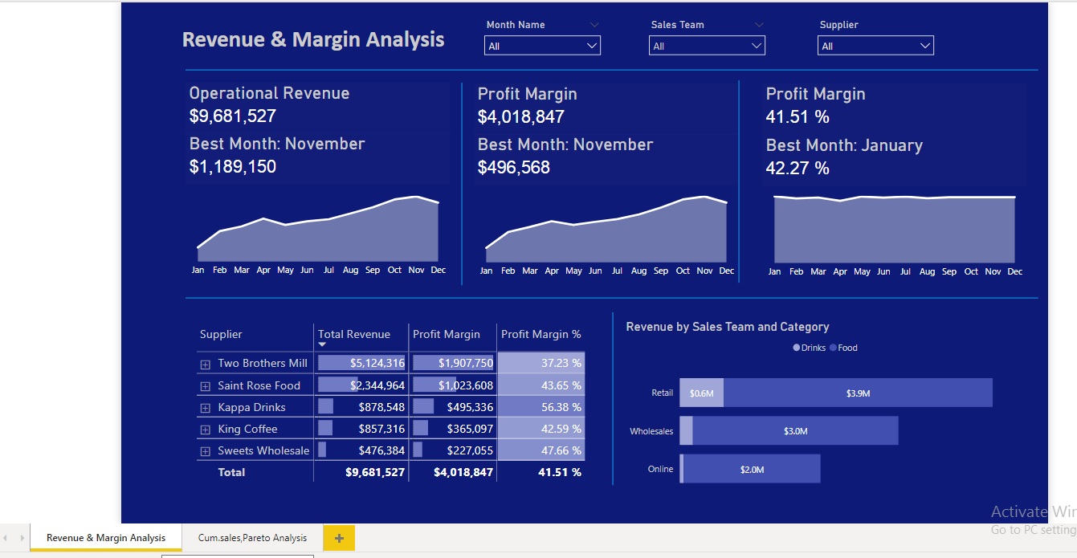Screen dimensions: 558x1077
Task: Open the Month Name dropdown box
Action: (x=542, y=47)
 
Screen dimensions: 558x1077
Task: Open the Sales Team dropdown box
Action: (x=707, y=47)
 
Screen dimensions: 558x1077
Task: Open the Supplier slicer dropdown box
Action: (x=875, y=47)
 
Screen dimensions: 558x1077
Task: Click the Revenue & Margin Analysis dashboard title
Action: (x=313, y=39)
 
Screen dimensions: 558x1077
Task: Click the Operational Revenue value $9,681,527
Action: (x=233, y=116)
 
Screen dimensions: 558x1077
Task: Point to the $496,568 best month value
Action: (x=514, y=168)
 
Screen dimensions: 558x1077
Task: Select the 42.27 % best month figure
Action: (x=798, y=169)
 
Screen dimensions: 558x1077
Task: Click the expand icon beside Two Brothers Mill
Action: (x=206, y=365)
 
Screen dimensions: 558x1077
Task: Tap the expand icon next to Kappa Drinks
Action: (x=206, y=408)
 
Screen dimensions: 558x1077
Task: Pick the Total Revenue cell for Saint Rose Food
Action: (x=361, y=385)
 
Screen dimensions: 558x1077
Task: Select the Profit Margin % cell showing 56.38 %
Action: (x=541, y=407)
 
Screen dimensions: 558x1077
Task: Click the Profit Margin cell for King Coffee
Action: (x=453, y=429)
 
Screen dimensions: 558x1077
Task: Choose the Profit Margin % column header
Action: (x=541, y=335)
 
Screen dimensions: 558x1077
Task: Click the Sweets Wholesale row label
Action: (x=263, y=450)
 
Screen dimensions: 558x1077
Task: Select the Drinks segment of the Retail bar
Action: (x=701, y=393)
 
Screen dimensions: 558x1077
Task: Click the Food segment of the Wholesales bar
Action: (x=795, y=431)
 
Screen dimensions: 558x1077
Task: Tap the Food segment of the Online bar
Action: (x=752, y=469)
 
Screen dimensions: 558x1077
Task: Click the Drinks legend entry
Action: (x=810, y=348)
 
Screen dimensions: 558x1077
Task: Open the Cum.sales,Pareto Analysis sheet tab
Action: (x=252, y=538)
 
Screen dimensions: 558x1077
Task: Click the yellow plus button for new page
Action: (x=339, y=538)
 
